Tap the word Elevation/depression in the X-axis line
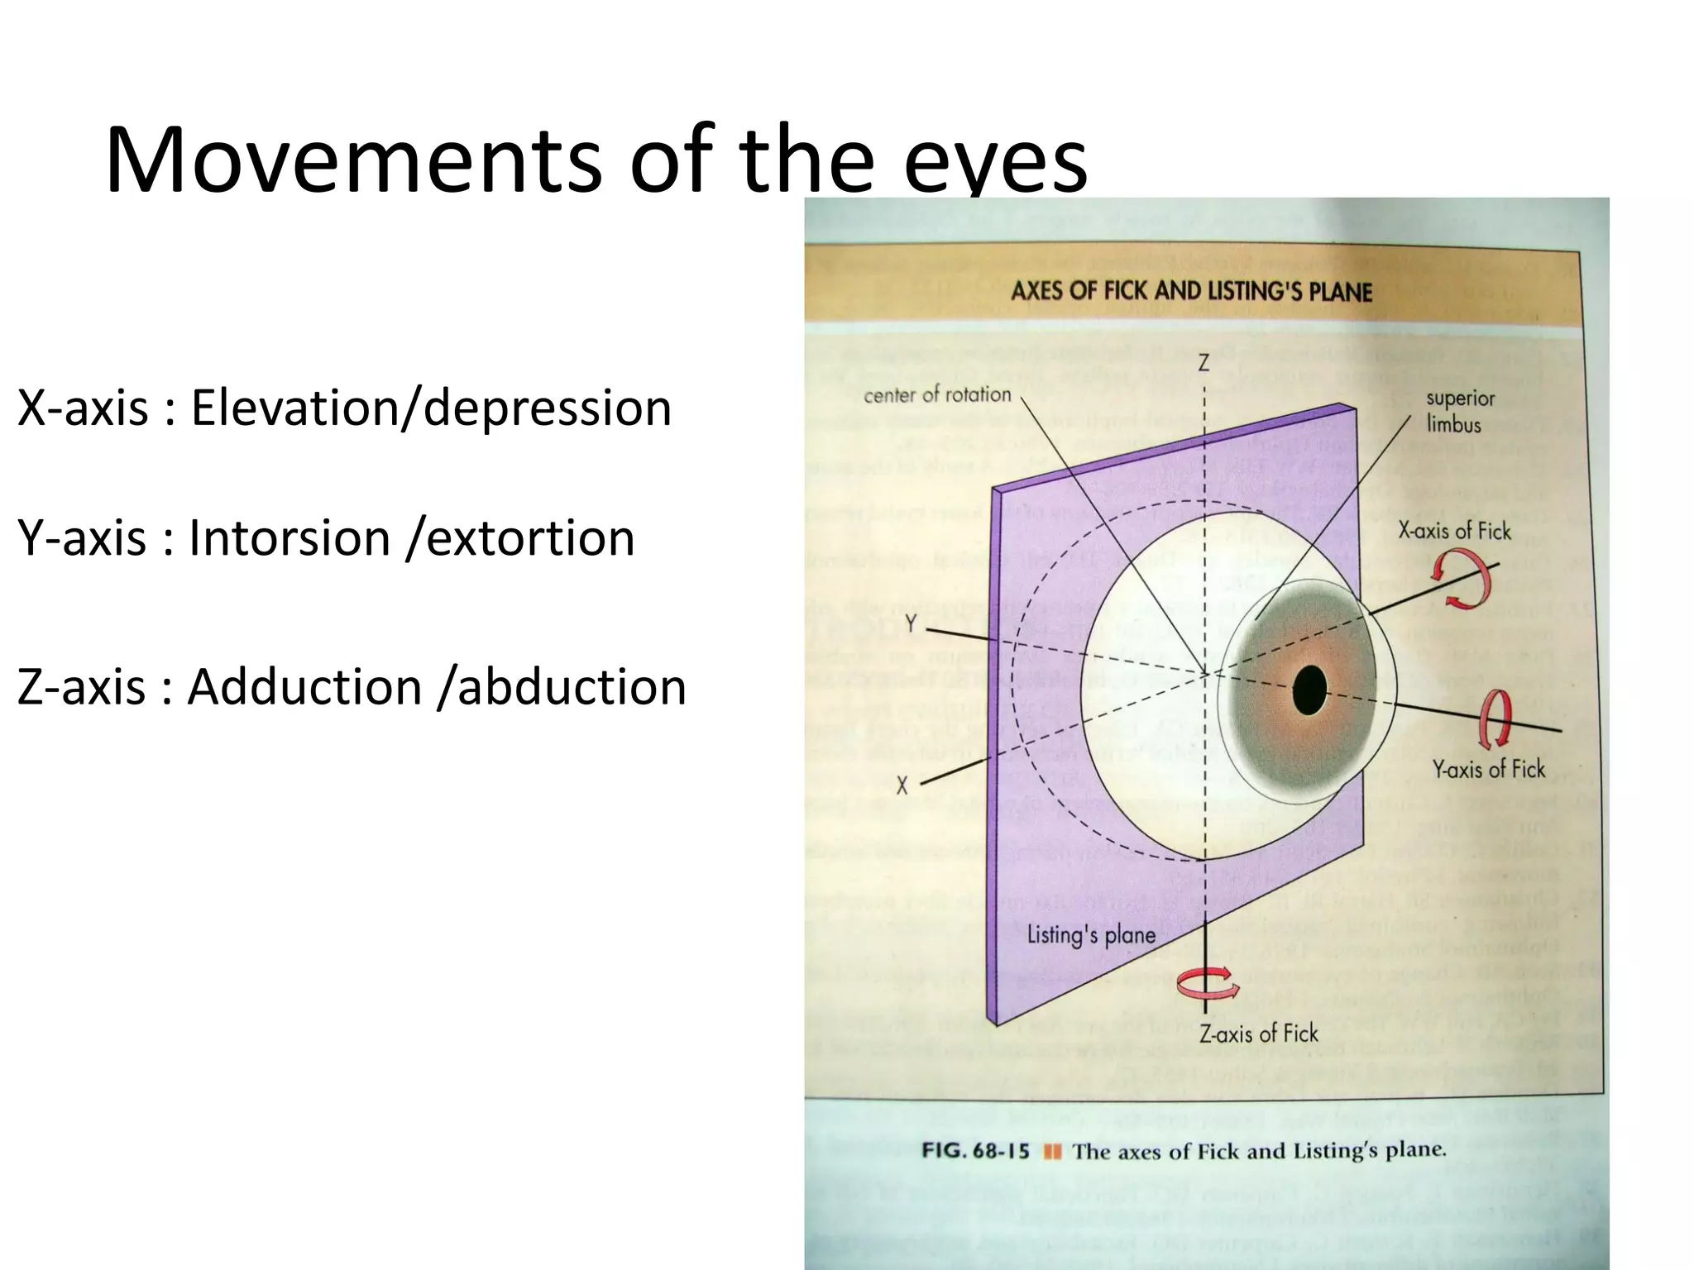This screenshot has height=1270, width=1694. [x=431, y=408]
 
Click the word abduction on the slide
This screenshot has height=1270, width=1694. [x=572, y=687]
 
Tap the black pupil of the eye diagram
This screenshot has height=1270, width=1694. [x=1309, y=689]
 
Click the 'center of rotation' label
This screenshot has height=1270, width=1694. [x=937, y=395]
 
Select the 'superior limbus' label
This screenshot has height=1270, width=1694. [x=1459, y=411]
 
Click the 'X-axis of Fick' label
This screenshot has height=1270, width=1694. [x=1454, y=531]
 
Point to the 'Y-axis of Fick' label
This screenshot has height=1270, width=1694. [x=1489, y=770]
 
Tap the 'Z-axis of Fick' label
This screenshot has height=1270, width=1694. [x=1259, y=1034]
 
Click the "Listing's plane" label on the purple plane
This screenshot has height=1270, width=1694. [x=1091, y=935]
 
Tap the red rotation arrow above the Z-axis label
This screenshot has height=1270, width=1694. [x=1208, y=984]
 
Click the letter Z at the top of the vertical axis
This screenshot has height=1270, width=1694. [x=1204, y=362]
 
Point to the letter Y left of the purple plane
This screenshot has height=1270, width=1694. [x=911, y=623]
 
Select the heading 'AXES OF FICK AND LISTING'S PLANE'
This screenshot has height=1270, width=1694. [x=1191, y=291]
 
